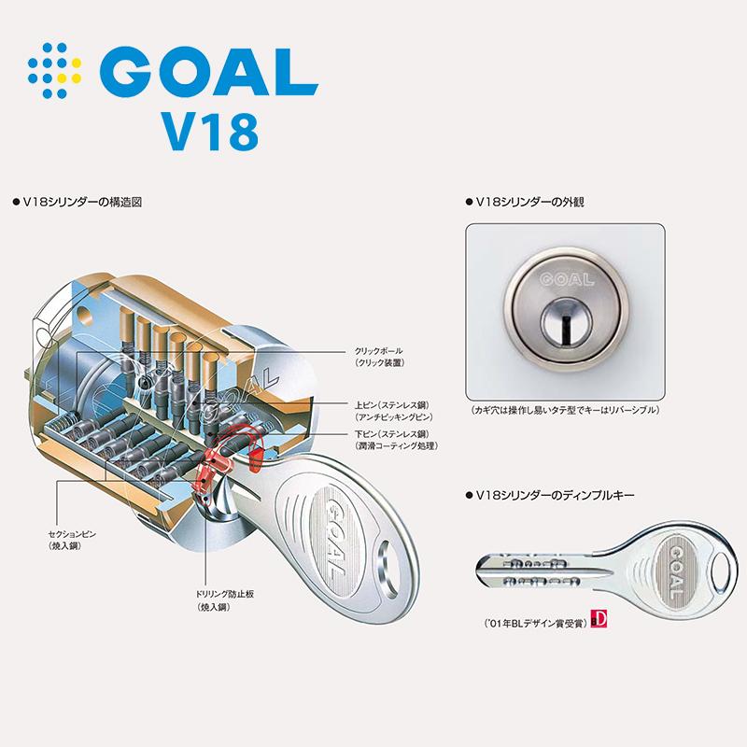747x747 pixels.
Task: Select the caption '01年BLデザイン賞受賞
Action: pos(533,619)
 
